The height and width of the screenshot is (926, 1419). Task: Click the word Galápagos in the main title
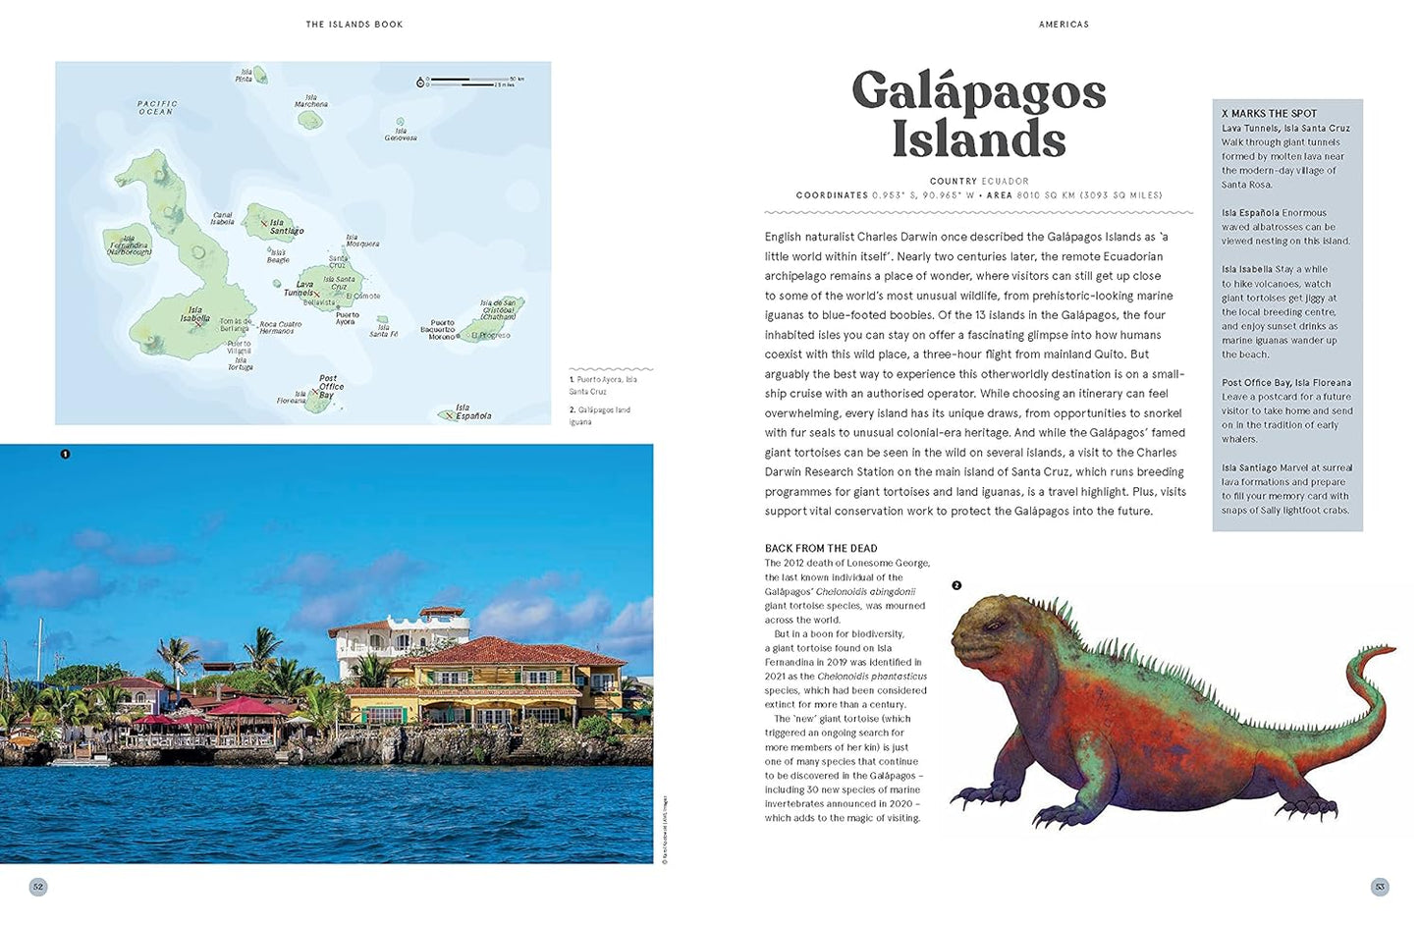tap(978, 93)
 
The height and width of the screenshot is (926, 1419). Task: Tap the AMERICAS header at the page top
tap(1064, 25)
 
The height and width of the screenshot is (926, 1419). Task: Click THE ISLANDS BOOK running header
tap(354, 25)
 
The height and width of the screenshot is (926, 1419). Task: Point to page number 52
tap(38, 887)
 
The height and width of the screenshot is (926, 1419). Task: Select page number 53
tap(1379, 887)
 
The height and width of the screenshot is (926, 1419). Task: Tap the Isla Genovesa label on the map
tap(401, 135)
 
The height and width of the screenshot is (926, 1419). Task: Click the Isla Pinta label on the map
tap(244, 76)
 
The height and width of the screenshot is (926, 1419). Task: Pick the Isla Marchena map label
tap(311, 101)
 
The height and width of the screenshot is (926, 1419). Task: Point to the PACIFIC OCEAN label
tap(157, 107)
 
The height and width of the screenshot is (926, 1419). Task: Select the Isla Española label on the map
tap(472, 411)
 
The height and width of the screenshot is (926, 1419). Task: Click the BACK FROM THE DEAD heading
tap(821, 549)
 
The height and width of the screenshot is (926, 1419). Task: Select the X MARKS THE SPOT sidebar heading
tap(1269, 114)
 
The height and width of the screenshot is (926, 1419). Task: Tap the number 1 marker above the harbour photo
tap(65, 454)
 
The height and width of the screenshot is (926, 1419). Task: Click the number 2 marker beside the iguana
tap(956, 585)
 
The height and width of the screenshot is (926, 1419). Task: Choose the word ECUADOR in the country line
tap(1005, 182)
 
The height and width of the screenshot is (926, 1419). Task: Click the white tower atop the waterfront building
tap(442, 619)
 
